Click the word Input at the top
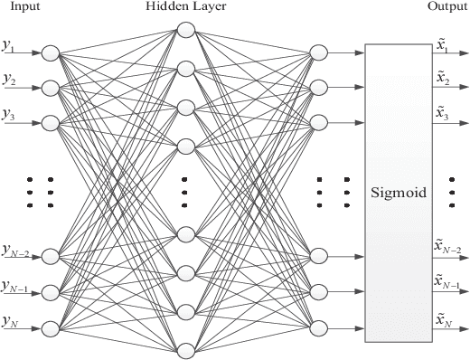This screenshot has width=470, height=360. coord(23,7)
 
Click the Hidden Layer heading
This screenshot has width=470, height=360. coord(185,7)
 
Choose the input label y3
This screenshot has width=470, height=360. coord(11,114)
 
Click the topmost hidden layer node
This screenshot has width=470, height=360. coord(186,30)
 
